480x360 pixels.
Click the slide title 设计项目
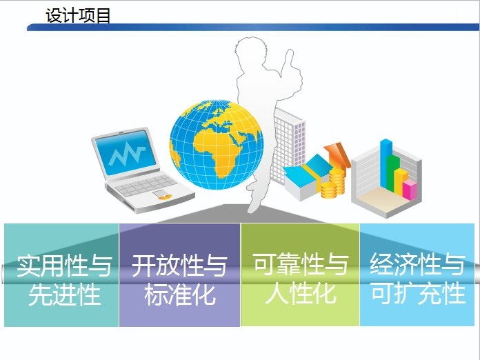(78, 15)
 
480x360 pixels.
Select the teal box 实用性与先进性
(61, 275)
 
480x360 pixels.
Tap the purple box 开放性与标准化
(180, 275)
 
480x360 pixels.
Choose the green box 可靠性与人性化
(300, 275)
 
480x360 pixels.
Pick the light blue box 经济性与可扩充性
(417, 275)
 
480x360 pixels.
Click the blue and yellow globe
(217, 144)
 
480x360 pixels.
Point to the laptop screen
(126, 152)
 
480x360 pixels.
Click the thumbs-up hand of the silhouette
(291, 69)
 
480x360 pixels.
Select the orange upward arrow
(337, 156)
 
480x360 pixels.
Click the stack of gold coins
(333, 183)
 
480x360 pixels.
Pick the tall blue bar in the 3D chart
(386, 163)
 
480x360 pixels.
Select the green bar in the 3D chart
(392, 173)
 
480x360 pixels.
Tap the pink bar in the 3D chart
(410, 190)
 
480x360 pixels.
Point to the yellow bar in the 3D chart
(401, 181)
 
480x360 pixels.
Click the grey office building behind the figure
(289, 144)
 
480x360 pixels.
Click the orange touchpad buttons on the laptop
(165, 197)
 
